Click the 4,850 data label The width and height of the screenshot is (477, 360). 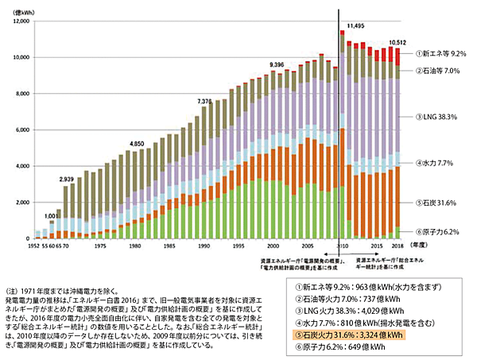(137, 144)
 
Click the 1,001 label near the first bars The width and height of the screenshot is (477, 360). (49, 215)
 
